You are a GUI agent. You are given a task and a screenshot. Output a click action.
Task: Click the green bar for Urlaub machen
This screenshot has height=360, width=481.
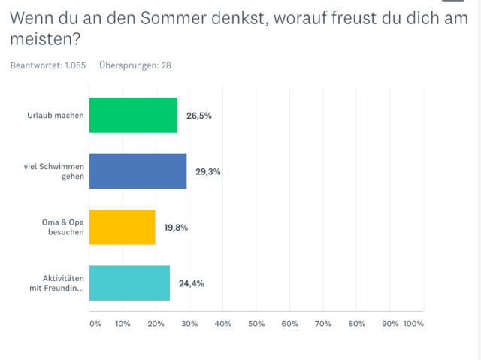coord(133,116)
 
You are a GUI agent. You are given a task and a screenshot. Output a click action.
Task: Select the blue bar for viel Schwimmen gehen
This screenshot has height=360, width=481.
coord(138,171)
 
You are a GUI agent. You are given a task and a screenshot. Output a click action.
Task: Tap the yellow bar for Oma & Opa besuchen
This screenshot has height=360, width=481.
coord(122,228)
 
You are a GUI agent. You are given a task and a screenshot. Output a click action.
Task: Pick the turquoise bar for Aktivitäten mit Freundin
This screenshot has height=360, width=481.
coord(129,283)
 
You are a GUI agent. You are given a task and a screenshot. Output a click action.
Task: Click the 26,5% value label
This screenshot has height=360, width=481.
coord(200,116)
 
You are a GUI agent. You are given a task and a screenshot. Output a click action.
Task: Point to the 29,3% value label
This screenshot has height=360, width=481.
coord(208,171)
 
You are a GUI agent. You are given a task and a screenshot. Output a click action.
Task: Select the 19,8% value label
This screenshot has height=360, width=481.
coord(176,228)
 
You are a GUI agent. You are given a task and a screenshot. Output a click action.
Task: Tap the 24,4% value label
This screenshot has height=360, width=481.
coord(192,283)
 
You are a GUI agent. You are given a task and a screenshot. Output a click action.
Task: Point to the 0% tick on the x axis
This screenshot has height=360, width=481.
coord(95,324)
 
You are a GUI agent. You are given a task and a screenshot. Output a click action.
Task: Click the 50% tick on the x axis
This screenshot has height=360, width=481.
coord(256,324)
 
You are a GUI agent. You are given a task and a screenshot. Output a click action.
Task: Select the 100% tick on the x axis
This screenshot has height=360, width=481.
coord(413,324)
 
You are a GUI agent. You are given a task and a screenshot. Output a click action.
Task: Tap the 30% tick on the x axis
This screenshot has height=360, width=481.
coord(189,324)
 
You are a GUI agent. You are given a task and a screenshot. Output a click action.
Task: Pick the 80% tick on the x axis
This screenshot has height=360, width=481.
coord(357,324)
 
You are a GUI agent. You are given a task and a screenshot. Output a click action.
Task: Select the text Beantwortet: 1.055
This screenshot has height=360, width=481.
coord(47,65)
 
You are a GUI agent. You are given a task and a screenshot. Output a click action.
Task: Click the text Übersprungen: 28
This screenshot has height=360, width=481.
coord(135,65)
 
